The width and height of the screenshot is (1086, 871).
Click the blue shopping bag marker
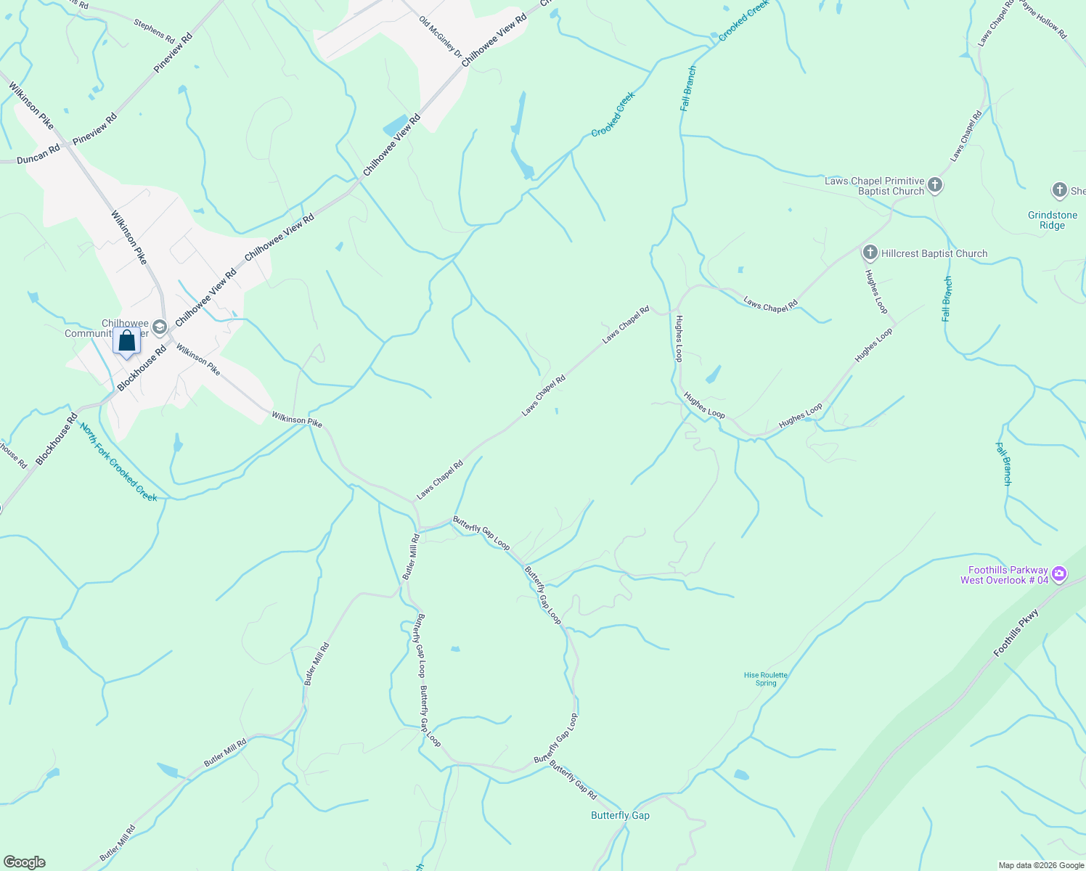(x=127, y=341)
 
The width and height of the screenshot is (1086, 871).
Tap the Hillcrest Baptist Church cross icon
(x=870, y=253)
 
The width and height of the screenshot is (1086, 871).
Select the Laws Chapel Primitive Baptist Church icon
(x=935, y=185)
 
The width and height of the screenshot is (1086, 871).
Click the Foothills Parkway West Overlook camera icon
(x=1059, y=574)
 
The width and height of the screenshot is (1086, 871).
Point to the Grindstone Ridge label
(x=1052, y=220)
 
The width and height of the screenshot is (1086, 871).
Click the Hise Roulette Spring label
(x=766, y=679)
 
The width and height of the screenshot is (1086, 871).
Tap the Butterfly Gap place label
(x=620, y=815)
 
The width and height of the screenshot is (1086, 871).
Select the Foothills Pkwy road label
(x=1016, y=634)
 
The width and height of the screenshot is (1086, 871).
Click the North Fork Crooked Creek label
(x=118, y=462)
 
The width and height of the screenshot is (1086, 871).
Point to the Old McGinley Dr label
(x=440, y=36)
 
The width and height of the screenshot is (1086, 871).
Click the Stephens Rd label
(x=154, y=31)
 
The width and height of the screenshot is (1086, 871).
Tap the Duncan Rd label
(x=38, y=154)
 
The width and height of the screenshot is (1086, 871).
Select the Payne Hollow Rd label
(x=1042, y=18)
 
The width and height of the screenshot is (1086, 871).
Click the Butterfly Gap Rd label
(x=573, y=780)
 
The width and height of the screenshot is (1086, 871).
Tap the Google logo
(x=25, y=862)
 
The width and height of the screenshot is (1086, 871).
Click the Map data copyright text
(x=1040, y=865)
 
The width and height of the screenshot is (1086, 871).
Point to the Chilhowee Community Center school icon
(x=160, y=328)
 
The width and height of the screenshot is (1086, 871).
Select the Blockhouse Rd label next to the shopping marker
(x=142, y=368)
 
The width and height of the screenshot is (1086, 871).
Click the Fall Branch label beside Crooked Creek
(x=688, y=89)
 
